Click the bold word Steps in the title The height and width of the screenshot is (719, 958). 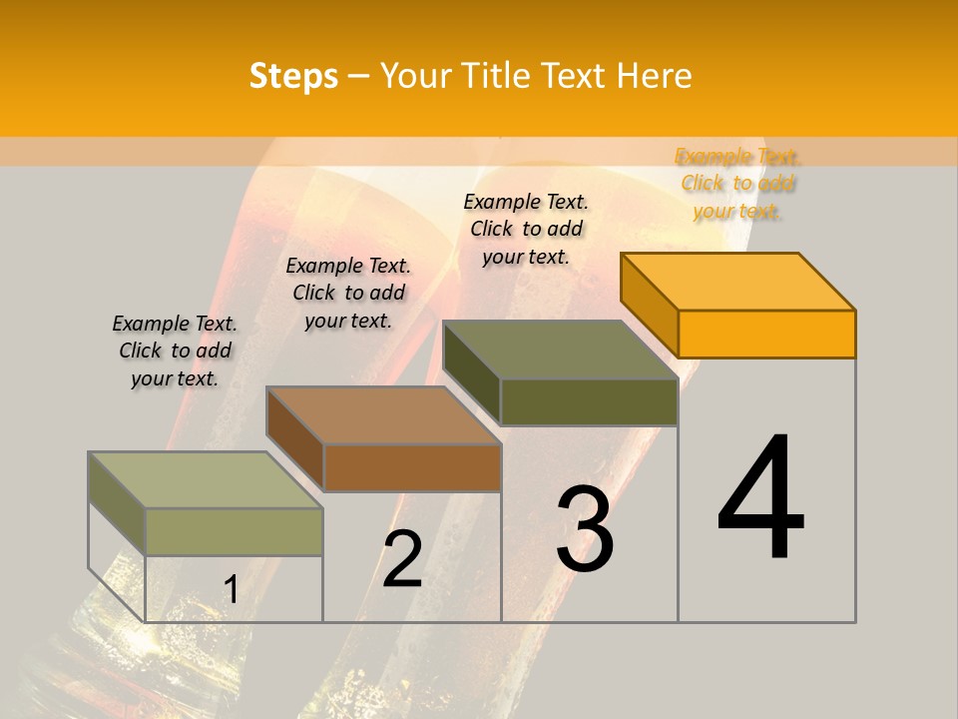[293, 76]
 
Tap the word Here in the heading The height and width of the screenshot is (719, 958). [654, 76]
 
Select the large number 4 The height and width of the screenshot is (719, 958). [760, 499]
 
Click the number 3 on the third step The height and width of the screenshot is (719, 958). [585, 529]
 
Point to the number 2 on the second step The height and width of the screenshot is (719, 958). [402, 559]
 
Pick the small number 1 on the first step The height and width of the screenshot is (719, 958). [231, 590]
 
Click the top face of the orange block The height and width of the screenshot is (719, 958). [738, 281]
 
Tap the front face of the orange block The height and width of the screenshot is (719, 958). [766, 334]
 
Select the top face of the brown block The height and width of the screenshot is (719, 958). [383, 414]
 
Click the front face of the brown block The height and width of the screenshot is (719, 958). [412, 467]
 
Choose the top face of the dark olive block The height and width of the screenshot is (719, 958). [561, 350]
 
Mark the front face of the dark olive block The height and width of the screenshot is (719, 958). [589, 401]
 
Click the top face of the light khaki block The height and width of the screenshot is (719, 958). [206, 479]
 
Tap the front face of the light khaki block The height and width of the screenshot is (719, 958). [234, 531]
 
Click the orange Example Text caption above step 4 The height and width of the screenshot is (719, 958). [737, 184]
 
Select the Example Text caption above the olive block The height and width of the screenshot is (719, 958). [526, 229]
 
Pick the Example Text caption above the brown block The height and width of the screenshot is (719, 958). [348, 293]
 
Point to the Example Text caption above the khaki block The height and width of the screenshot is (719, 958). [175, 351]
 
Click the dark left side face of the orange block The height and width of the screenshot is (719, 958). [649, 305]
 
